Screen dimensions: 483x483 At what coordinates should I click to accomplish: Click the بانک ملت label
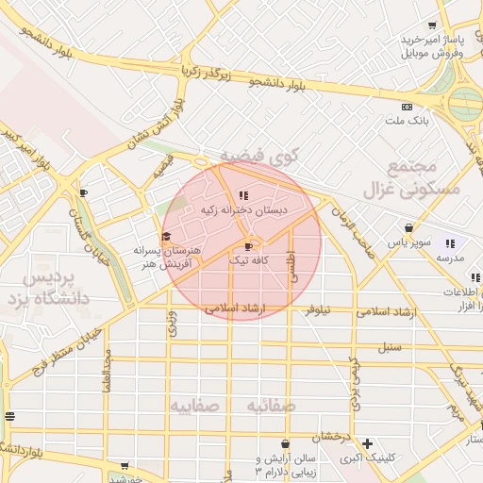tap(408, 121)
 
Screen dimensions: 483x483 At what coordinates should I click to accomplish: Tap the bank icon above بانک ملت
tap(407, 107)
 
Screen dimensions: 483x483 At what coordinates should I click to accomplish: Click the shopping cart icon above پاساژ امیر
tap(432, 25)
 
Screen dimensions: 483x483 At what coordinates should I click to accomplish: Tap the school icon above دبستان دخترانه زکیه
tap(230, 196)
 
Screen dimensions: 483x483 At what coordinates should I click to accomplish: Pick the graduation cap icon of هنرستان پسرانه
tap(166, 236)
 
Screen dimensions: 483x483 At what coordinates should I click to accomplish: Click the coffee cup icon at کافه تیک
tap(248, 245)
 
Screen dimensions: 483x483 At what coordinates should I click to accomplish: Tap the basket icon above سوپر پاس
tap(408, 227)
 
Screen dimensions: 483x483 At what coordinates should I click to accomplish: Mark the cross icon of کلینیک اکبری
tap(367, 443)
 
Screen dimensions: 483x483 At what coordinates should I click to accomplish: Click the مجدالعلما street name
tap(108, 372)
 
